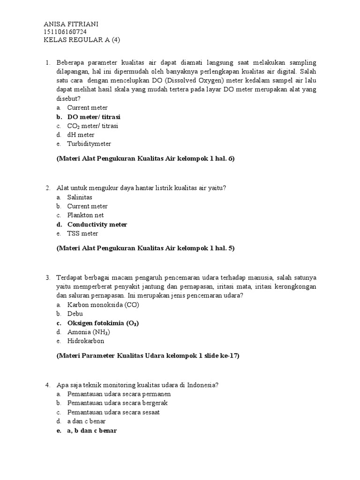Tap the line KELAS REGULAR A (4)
pyautogui.click(x=82, y=40)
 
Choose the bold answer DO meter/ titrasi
pyautogui.click(x=97, y=117)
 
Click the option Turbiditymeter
pyautogui.click(x=89, y=144)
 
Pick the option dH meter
pyautogui.click(x=81, y=135)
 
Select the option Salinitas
pyautogui.click(x=80, y=197)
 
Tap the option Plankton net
pyautogui.click(x=85, y=215)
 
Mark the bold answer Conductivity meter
pyautogui.click(x=97, y=225)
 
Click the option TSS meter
pyautogui.click(x=82, y=233)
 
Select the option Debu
pyautogui.click(x=75, y=314)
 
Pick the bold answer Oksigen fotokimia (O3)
pyautogui.click(x=103, y=323)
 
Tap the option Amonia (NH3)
pyautogui.click(x=89, y=332)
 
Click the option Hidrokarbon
pyautogui.click(x=86, y=341)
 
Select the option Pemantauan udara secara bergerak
pyautogui.click(x=118, y=403)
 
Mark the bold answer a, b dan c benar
pyautogui.click(x=92, y=430)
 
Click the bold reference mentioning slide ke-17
pyautogui.click(x=148, y=356)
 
